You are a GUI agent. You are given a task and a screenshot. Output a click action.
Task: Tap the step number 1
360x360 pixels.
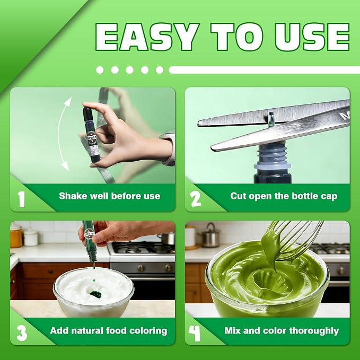21,199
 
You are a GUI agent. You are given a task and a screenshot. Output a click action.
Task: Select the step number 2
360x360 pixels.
196,199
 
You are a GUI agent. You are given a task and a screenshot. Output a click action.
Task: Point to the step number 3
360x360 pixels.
22,333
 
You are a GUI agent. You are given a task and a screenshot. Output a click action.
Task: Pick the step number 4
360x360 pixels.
194,333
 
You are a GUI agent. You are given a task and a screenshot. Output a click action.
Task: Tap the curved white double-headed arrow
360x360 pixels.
61,133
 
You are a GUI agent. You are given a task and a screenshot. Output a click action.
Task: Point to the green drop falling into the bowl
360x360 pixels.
94,280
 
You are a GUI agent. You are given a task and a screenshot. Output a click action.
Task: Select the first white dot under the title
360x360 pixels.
100,70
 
